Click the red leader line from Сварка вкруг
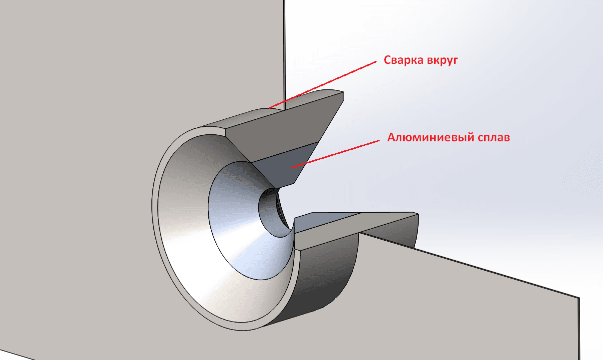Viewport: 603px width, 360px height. point(323,85)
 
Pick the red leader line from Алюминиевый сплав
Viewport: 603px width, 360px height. point(335,154)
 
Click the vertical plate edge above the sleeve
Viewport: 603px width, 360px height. point(284,54)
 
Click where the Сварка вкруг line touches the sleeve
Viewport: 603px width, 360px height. point(269,108)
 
